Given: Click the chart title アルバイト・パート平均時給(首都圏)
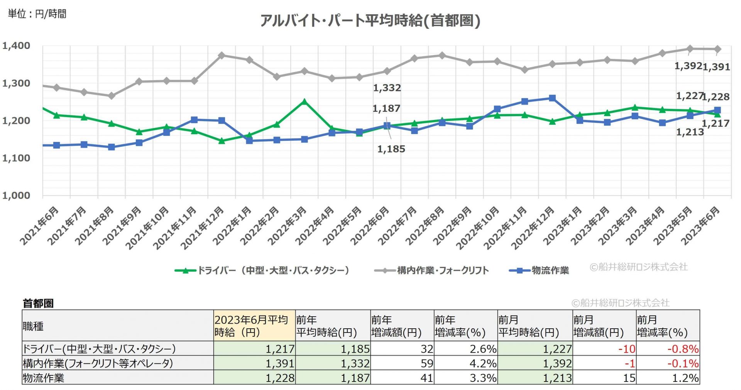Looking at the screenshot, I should coord(370,21).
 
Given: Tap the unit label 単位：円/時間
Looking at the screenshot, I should coord(37,14).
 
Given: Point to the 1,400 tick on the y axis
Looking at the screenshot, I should coord(16,46).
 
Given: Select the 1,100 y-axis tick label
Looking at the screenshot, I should coord(16,158).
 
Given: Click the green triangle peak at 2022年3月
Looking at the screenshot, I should coord(304,102).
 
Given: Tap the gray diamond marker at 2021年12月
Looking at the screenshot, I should coord(222,56).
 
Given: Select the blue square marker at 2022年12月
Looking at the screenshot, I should coord(552,98).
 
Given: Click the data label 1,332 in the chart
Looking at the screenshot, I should coord(387,88).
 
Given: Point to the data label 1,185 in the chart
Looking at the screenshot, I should coord(391,149).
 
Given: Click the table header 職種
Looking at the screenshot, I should coord(33,326).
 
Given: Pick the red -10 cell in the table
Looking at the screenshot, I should coord(626,349).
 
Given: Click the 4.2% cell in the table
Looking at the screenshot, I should coord(483,363).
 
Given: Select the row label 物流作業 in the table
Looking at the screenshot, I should coord(44,378).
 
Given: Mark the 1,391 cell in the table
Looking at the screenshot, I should coord(280,363).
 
